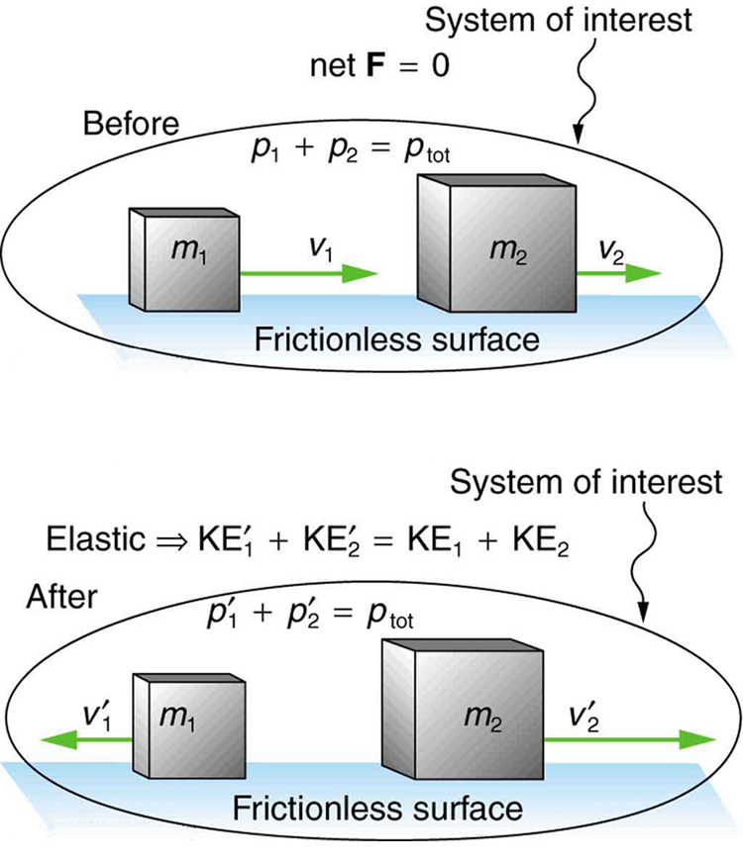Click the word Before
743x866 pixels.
coord(131,126)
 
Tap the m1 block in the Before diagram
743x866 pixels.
coord(184,258)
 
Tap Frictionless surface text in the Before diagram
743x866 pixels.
coord(397,338)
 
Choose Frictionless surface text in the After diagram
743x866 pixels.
coord(377,807)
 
